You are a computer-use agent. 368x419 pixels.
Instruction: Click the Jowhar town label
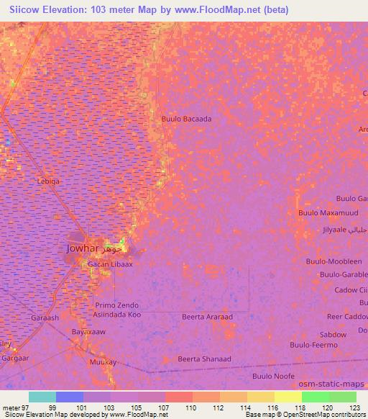point(80,248)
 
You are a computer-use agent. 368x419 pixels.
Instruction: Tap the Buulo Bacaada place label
point(186,119)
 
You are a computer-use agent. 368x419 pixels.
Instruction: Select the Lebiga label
point(48,182)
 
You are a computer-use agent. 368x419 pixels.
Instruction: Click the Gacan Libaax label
point(110,264)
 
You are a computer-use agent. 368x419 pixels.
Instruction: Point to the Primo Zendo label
point(116,305)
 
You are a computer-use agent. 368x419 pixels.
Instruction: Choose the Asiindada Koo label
point(118,315)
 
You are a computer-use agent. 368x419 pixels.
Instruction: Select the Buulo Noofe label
point(273,376)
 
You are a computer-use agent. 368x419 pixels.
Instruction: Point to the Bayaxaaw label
point(88,332)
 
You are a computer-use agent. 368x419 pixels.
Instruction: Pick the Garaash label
point(45,317)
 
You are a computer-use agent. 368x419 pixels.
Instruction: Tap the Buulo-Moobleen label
point(333,261)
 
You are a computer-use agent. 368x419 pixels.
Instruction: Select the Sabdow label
point(333,335)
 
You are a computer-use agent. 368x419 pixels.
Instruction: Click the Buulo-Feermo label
point(314,346)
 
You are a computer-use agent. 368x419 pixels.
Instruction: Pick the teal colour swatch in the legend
point(42,397)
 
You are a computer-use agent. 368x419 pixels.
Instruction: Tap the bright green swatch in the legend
point(315,397)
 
